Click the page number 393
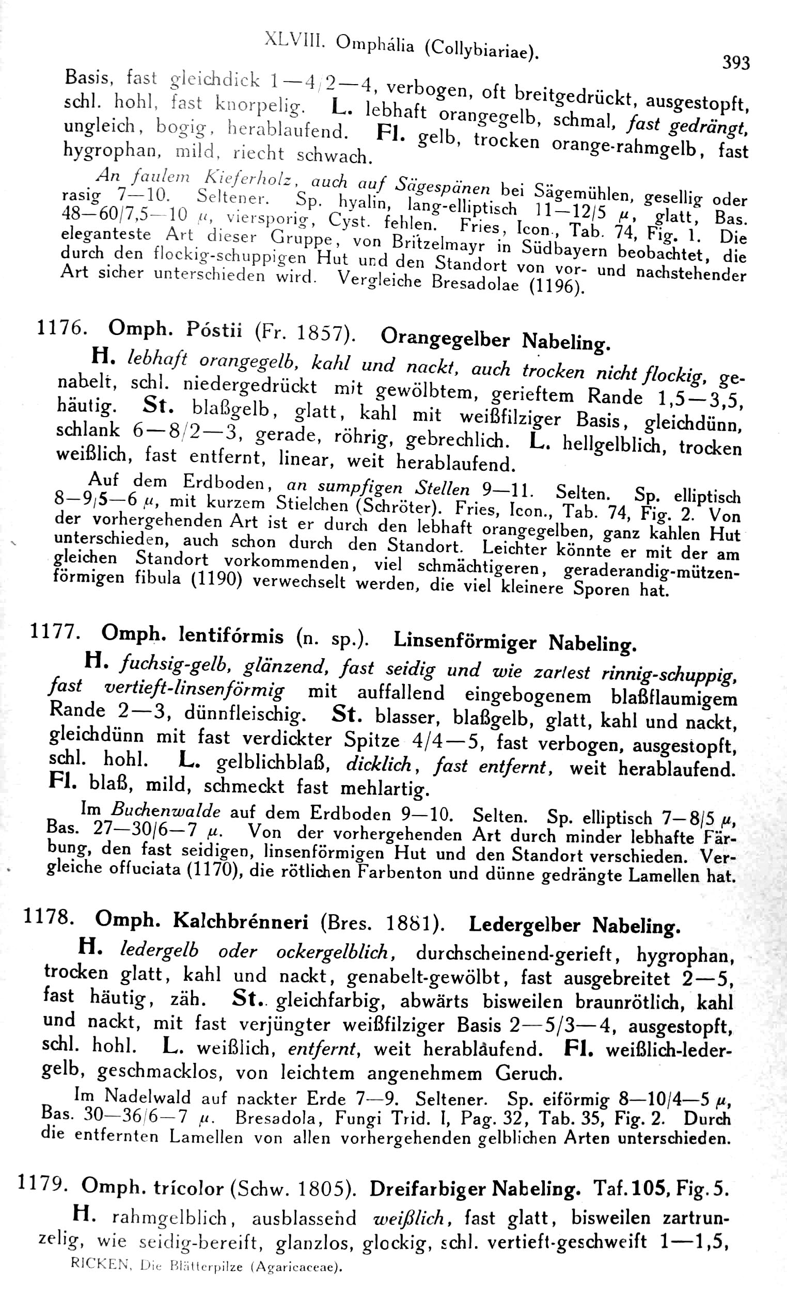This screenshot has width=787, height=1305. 736,63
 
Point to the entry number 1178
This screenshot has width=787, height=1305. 48,917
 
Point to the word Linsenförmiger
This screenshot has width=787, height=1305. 465,641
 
